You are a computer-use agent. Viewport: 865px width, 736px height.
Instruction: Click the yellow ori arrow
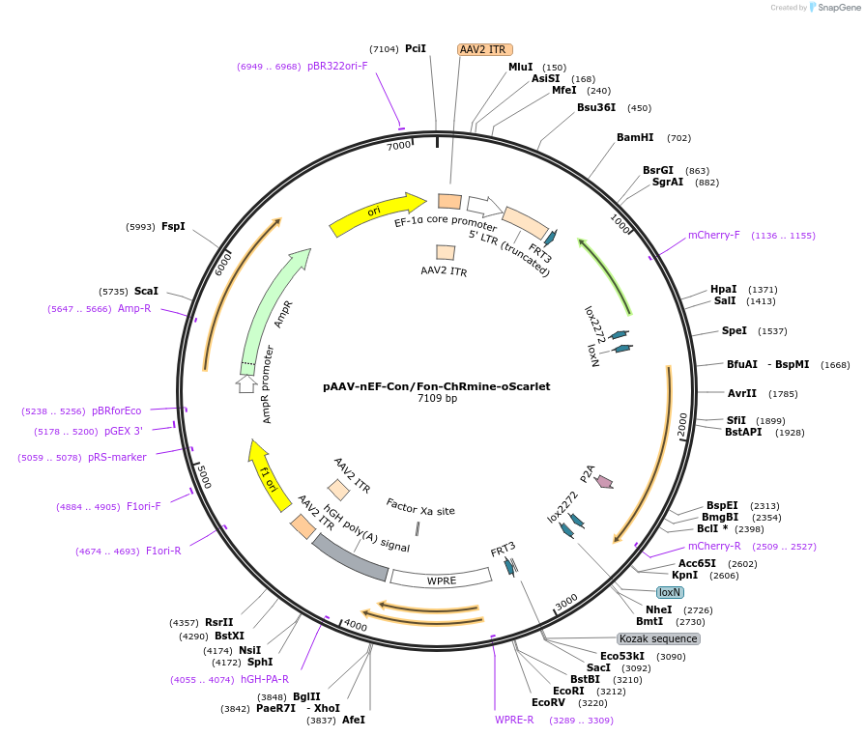click(x=377, y=214)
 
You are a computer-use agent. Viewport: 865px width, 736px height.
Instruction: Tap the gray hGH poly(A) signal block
click(x=350, y=557)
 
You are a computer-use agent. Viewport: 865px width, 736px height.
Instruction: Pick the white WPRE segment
click(x=440, y=580)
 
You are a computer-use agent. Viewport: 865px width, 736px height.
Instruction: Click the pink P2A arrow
click(x=604, y=480)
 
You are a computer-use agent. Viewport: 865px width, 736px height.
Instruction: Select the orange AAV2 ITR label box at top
click(x=485, y=49)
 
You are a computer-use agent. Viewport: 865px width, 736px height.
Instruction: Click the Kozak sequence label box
click(x=658, y=638)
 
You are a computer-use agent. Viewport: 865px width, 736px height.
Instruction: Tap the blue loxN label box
click(x=670, y=592)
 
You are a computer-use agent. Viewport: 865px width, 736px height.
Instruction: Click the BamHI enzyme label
click(x=635, y=137)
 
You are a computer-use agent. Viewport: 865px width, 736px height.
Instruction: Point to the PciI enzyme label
click(x=416, y=48)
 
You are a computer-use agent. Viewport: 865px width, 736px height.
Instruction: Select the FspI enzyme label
click(x=173, y=226)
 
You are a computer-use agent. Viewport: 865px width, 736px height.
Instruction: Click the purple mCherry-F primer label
click(x=713, y=235)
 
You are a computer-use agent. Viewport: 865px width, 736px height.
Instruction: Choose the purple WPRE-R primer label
click(x=514, y=720)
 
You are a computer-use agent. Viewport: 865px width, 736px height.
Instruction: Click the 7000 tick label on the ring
click(x=399, y=146)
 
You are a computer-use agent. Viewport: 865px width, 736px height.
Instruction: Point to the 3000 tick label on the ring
click(x=565, y=603)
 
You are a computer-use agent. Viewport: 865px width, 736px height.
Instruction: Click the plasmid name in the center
click(x=437, y=386)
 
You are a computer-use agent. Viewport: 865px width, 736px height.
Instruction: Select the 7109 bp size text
click(x=437, y=398)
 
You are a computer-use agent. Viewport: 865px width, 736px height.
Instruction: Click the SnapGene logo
click(x=832, y=7)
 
